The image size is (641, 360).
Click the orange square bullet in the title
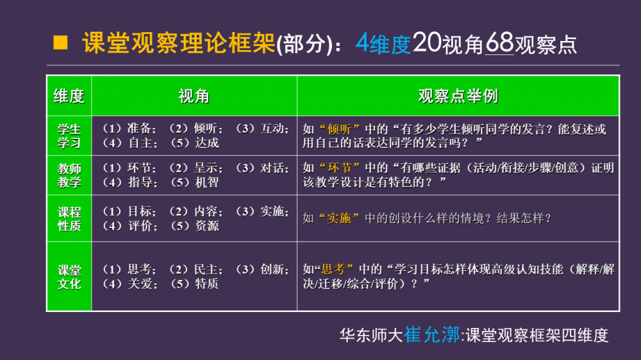tap(60, 42)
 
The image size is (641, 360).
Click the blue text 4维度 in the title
tap(383, 44)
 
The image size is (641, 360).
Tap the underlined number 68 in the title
tap(499, 42)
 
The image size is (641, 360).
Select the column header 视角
tap(194, 97)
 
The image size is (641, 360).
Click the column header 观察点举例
tap(458, 97)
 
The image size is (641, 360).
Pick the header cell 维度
tap(69, 97)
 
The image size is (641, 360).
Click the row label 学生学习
tap(69, 136)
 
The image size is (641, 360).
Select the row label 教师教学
tap(69, 176)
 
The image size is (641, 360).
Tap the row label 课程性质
tap(69, 219)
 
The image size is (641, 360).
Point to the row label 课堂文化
tap(69, 277)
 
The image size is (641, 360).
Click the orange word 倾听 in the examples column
tap(339, 129)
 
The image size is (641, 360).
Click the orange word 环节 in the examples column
tap(339, 168)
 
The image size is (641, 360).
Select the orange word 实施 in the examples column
tap(339, 218)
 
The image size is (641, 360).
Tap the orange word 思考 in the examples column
tap(333, 269)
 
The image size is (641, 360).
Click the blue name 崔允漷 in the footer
tap(432, 334)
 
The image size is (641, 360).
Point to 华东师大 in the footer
tap(372, 336)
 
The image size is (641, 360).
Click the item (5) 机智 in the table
tap(194, 183)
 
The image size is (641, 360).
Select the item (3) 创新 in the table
tap(262, 269)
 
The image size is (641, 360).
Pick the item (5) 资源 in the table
tap(194, 225)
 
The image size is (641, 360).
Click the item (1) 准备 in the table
tap(128, 129)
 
